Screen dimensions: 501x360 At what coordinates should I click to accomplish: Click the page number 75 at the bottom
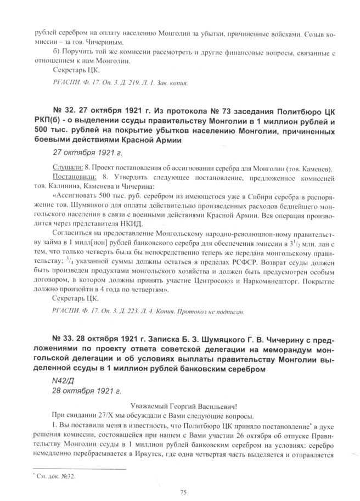(180, 491)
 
